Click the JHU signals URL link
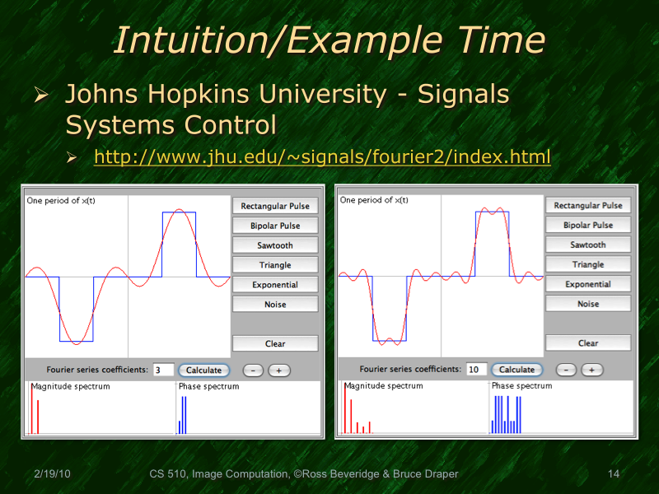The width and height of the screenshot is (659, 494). click(322, 156)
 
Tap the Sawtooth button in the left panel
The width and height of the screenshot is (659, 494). click(275, 245)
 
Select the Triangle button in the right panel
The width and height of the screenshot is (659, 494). click(588, 264)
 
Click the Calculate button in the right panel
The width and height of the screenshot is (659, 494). click(517, 370)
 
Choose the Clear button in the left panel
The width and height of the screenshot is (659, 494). click(275, 344)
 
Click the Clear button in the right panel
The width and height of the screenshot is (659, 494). click(588, 343)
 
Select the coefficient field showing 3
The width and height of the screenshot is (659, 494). click(163, 370)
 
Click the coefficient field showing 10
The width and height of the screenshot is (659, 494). click(476, 370)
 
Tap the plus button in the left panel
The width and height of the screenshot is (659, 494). click(278, 370)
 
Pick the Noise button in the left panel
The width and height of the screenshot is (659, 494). click(275, 305)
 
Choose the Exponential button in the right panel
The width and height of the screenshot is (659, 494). click(588, 284)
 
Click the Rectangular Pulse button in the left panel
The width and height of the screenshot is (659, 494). click(275, 206)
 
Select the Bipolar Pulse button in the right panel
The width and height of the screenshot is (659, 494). click(588, 225)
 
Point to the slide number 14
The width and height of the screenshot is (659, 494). click(613, 474)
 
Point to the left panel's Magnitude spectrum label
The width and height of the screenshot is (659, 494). click(70, 386)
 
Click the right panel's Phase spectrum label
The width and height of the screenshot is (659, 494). click(521, 385)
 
